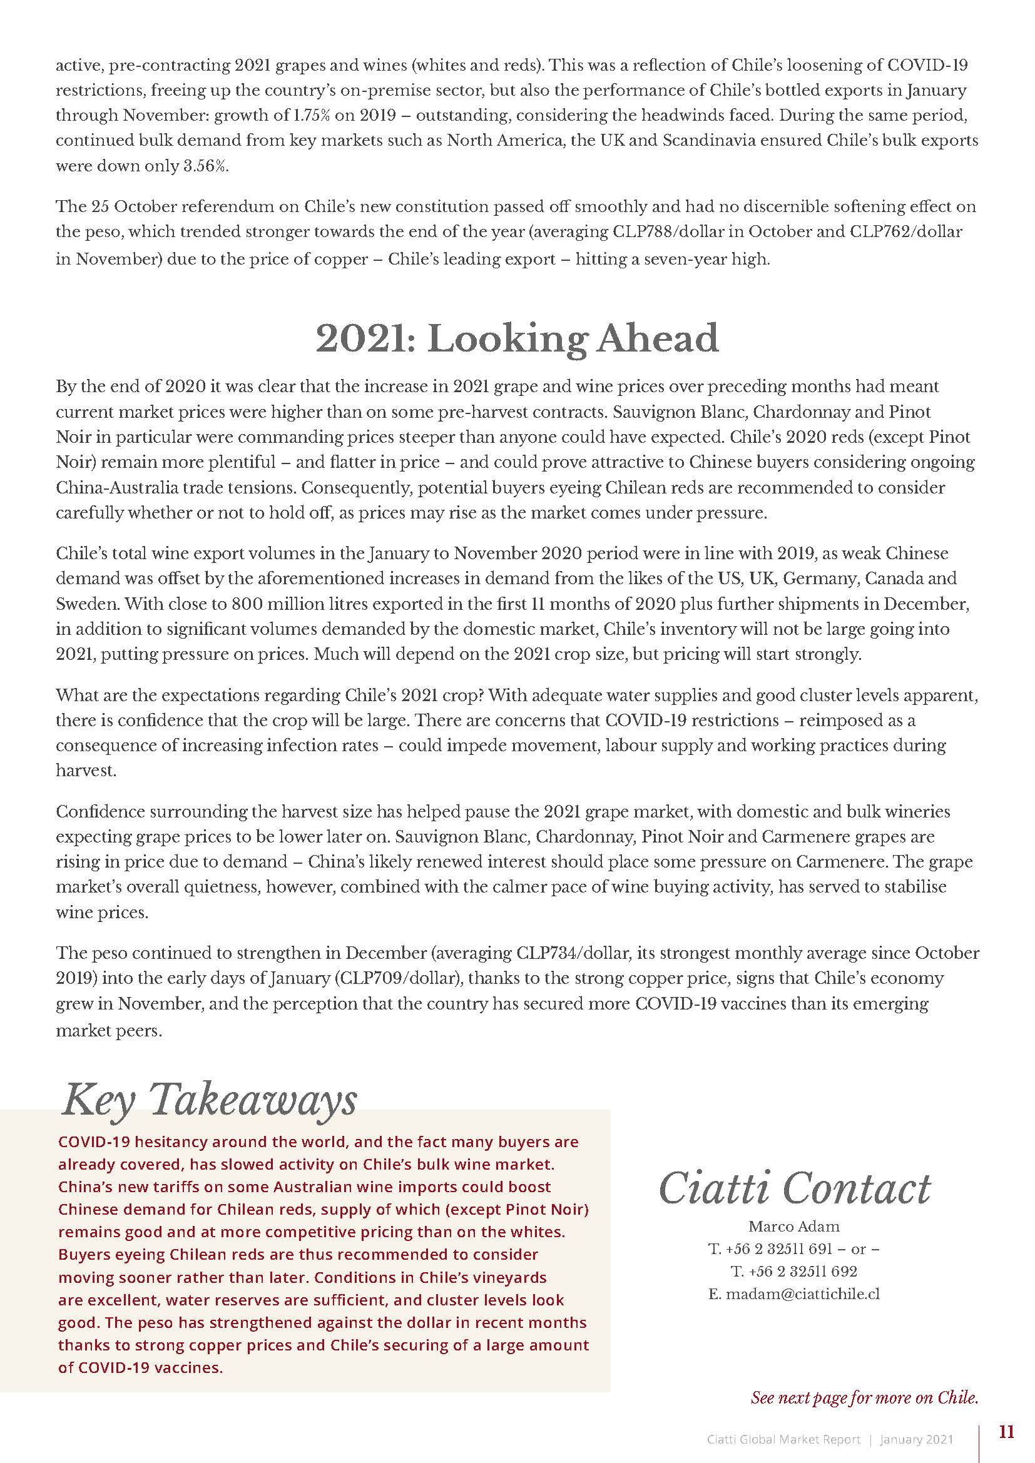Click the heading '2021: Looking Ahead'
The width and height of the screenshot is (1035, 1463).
(517, 338)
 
